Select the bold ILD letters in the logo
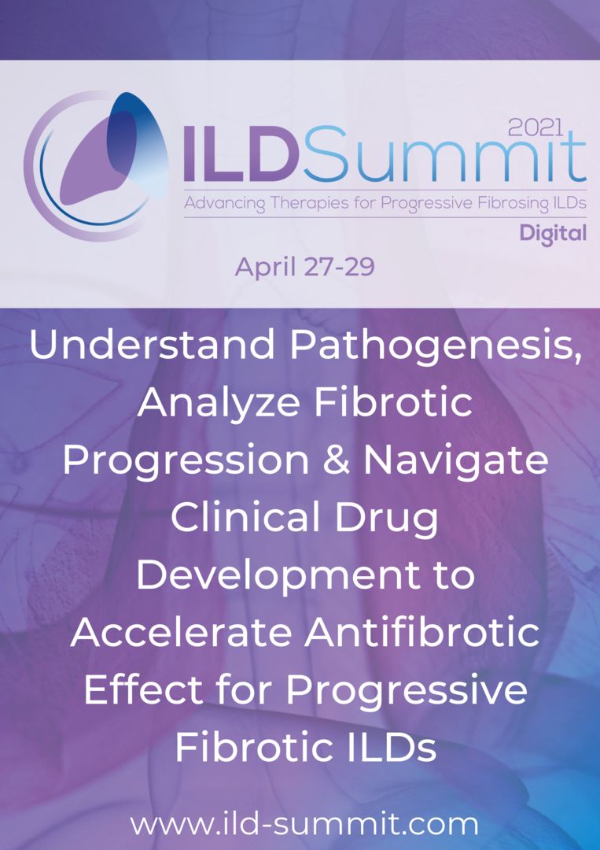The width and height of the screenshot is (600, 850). point(239,157)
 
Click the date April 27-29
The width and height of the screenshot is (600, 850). point(304,267)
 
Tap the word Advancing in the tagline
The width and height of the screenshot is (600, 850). point(224,204)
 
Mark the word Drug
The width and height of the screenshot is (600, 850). point(386,519)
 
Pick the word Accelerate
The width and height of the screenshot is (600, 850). point(177,633)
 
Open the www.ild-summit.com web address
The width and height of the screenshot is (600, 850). point(304,824)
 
